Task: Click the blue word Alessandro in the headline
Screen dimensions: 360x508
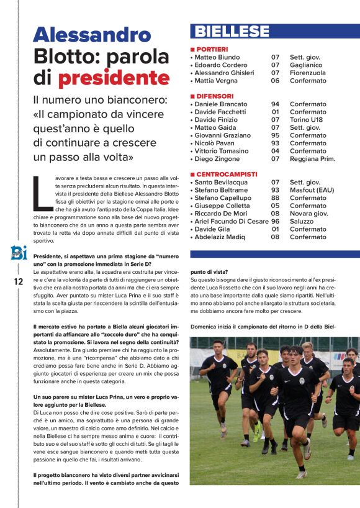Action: point(91,34)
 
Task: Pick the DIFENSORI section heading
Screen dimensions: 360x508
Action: point(215,96)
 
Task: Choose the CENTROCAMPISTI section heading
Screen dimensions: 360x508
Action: point(226,175)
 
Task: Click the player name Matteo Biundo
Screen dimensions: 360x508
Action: point(217,57)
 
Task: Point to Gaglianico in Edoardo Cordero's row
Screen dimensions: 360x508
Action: point(306,65)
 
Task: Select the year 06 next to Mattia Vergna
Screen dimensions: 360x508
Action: point(275,81)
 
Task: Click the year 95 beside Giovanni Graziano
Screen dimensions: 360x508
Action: point(275,135)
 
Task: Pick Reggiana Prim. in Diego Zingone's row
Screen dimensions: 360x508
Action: point(312,159)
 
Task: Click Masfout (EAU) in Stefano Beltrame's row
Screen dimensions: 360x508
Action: point(313,190)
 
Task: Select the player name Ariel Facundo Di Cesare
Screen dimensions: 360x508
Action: point(232,222)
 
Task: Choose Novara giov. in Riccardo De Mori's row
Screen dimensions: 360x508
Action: point(309,214)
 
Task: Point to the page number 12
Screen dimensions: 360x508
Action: point(18,281)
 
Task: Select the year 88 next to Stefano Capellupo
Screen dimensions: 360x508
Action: point(275,198)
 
